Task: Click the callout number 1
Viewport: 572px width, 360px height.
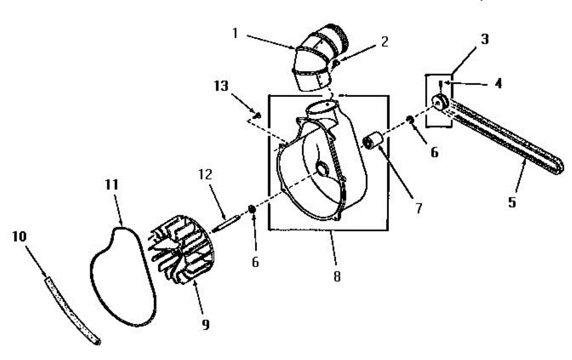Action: point(235,33)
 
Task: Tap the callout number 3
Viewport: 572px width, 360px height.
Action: point(484,39)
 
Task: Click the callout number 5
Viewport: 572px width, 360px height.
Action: point(511,202)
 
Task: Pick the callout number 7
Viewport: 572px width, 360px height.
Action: point(418,209)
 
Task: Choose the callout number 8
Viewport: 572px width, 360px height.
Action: point(337,277)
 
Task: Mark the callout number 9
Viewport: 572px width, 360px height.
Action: point(205,325)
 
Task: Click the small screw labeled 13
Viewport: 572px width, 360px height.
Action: point(258,114)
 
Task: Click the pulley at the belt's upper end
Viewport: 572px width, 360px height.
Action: point(439,102)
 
